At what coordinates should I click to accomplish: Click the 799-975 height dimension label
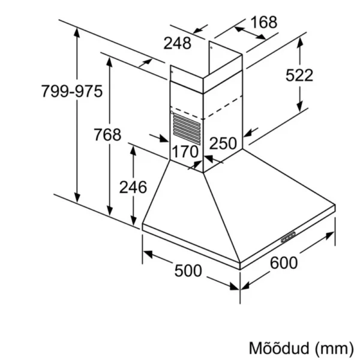pos(72,91)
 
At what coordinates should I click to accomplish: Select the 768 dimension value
pos(107,134)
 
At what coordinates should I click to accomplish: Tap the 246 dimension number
pos(133,187)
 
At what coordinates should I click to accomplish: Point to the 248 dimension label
pos(177,43)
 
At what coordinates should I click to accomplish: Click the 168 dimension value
pos(264,22)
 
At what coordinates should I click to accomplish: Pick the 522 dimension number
pos(299,75)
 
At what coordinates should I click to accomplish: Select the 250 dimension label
pos(223,143)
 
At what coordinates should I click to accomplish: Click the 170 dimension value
pos(185,152)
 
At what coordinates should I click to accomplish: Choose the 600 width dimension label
pos(284,263)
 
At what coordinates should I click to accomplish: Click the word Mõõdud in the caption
pos(279,348)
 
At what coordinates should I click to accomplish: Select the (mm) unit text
pos(334,349)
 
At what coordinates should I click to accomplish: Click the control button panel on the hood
pos(289,237)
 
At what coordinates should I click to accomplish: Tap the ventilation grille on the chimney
pos(187,129)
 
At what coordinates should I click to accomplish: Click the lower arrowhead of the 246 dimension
pos(133,221)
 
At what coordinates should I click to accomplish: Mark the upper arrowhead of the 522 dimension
pos(299,43)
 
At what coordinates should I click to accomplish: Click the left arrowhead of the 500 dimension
pos(148,254)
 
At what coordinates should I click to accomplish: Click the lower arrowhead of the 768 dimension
pos(110,211)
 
